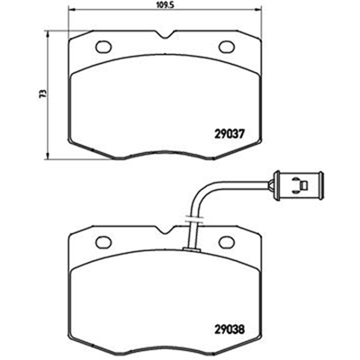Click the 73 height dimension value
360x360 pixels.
(43, 94)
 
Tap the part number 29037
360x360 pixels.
(230, 133)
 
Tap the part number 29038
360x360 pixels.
(230, 329)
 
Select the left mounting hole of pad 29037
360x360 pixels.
(103, 47)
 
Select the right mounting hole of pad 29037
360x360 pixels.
(228, 47)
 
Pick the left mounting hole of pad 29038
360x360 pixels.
(103, 242)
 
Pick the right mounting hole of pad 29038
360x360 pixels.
(227, 242)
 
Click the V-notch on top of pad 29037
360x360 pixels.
(165, 34)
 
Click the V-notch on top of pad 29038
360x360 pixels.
(165, 230)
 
